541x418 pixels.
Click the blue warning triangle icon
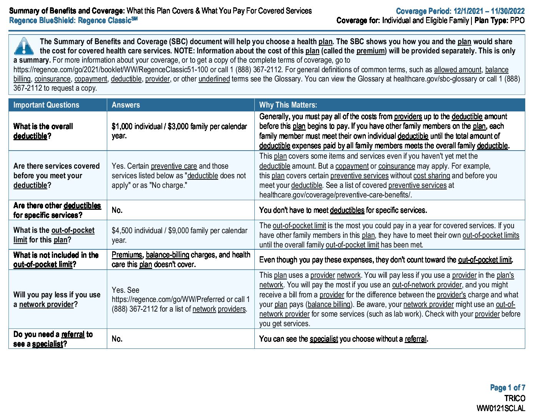click(24, 46)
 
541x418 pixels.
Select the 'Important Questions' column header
click(46, 105)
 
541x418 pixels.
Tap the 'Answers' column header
click(126, 105)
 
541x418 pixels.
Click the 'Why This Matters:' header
click(288, 105)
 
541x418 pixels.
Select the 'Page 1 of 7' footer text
click(507, 388)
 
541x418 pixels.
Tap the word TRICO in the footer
click(514, 398)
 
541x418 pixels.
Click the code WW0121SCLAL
click(500, 408)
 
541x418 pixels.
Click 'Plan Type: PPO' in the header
click(499, 20)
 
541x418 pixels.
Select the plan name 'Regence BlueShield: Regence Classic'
click(73, 20)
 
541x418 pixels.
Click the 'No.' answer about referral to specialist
click(117, 338)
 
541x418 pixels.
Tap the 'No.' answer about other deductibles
click(117, 210)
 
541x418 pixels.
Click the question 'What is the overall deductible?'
click(43, 131)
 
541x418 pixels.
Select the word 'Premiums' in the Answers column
click(127, 255)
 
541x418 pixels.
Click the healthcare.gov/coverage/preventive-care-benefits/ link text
click(335, 195)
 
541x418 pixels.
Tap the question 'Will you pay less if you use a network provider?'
click(57, 299)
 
